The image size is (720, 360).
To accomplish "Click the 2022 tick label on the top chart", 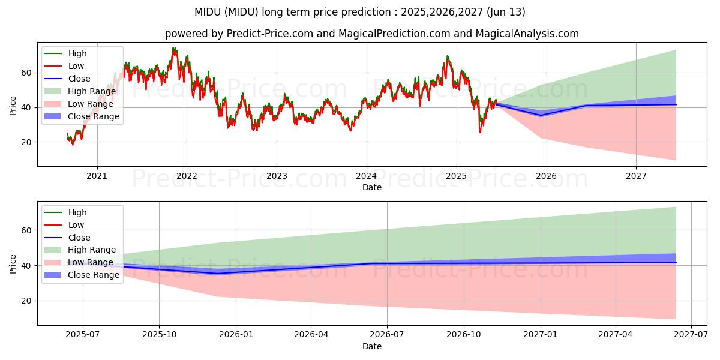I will pyautogui.click(x=187, y=176).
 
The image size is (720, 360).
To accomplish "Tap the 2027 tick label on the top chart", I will pyautogui.click(x=636, y=176).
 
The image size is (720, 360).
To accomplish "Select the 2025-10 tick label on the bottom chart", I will pyautogui.click(x=159, y=335).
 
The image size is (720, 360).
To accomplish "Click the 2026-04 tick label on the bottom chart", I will pyautogui.click(x=311, y=335).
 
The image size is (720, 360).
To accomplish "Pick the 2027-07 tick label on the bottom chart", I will pyautogui.click(x=691, y=335).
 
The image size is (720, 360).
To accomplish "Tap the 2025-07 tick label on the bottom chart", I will pyautogui.click(x=83, y=335).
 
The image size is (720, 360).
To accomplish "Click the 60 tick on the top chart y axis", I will pyautogui.click(x=26, y=73).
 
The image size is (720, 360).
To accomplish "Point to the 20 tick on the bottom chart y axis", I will pyautogui.click(x=26, y=301).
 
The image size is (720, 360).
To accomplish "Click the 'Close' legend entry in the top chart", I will pyautogui.click(x=79, y=79).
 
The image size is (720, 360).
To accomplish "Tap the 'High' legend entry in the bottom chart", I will pyautogui.click(x=77, y=212).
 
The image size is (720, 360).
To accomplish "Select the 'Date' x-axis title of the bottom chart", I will pyautogui.click(x=372, y=346).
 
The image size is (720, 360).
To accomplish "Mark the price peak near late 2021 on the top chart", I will pyautogui.click(x=174, y=49).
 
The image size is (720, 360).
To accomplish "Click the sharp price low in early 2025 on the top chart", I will pyautogui.click(x=480, y=131).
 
